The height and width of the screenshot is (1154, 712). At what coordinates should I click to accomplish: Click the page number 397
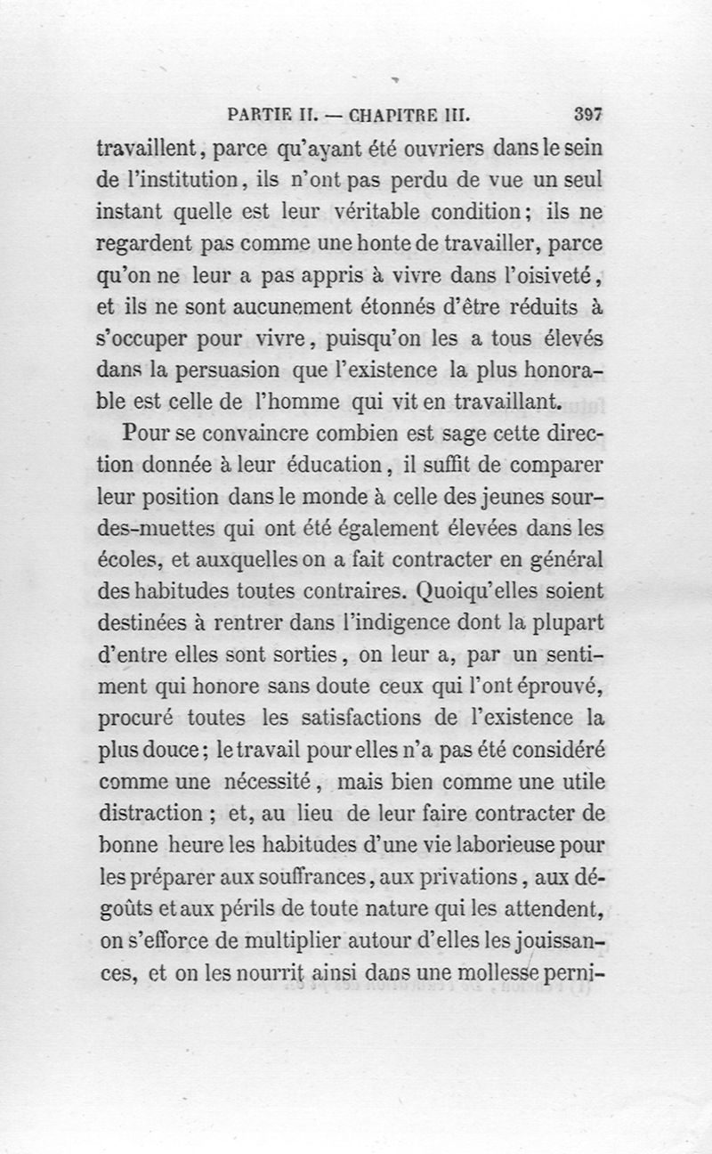tap(589, 115)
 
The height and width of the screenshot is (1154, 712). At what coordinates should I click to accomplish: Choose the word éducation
tap(339, 465)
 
